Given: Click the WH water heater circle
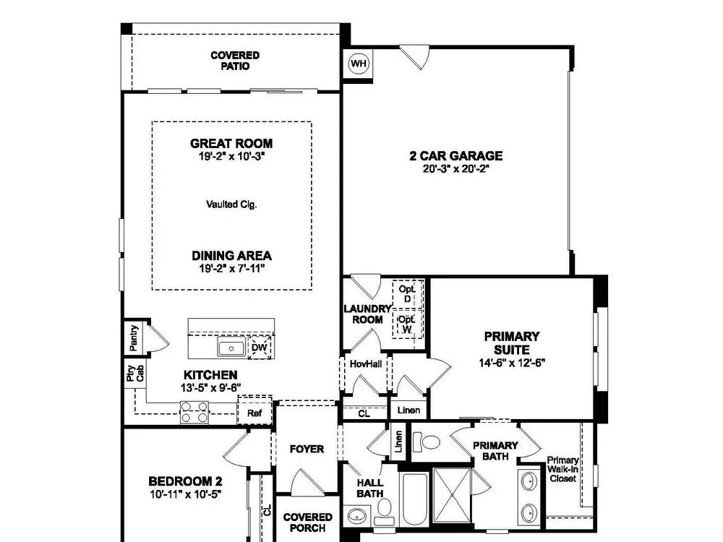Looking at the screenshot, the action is tap(359, 63).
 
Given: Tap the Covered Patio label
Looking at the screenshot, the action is tap(235, 61).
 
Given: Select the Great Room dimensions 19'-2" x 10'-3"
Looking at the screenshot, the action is tap(231, 156).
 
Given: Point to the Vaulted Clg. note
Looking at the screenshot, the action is tap(231, 205).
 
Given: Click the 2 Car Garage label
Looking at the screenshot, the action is tap(456, 156).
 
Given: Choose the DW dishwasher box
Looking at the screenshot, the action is tap(260, 348).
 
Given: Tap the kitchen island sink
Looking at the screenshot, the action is tap(231, 348).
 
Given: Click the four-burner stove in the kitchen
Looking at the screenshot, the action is tap(194, 412).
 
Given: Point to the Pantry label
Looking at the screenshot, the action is tap(134, 337).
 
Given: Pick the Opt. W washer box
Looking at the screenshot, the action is tap(407, 324).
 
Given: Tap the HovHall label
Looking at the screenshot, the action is tap(366, 364).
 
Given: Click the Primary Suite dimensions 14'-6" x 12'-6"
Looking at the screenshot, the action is tap(512, 363).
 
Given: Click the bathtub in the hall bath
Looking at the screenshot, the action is tap(414, 499).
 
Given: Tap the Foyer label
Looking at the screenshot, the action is tap(307, 449).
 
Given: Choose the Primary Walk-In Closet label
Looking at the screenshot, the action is tap(562, 469).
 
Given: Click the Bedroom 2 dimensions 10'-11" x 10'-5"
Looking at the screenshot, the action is tap(186, 494).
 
